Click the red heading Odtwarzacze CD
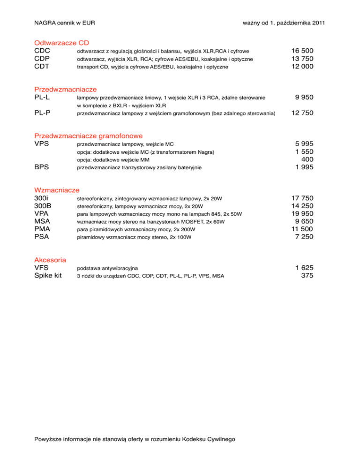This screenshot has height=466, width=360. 62,42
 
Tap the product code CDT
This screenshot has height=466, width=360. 43,67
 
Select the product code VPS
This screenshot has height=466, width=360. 43,143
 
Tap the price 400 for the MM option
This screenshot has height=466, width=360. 307,159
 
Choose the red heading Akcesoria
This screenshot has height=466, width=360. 50,260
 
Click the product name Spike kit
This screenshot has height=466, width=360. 48,276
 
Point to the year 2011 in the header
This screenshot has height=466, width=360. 317,23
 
